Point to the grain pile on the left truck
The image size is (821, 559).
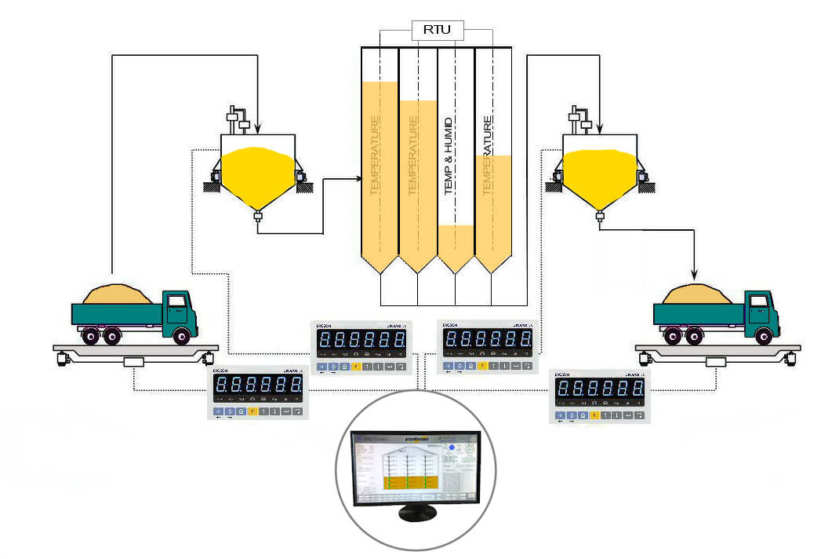coord(118,294)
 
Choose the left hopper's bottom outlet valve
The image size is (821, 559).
coord(257,217)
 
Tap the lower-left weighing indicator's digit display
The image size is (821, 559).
coord(259,385)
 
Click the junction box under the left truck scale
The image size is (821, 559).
coord(135,362)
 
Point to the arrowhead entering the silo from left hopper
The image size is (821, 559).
coord(354,179)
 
